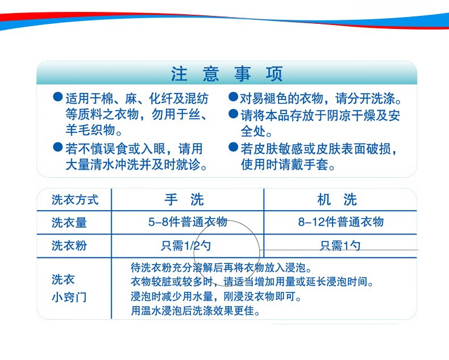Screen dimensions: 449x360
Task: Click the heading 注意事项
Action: point(227,74)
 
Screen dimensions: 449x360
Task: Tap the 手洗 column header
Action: point(184,199)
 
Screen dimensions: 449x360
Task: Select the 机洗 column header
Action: point(337,199)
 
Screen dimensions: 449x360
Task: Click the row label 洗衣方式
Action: point(75,200)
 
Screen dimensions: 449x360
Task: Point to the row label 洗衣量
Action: point(69,223)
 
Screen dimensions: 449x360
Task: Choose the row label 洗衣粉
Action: point(69,245)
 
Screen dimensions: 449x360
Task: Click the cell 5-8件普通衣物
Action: point(188,222)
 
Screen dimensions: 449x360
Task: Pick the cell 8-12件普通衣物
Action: point(341,222)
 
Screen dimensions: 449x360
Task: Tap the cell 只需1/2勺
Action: point(186,246)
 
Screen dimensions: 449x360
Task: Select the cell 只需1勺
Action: point(340,246)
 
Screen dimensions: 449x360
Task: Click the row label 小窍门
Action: point(69,298)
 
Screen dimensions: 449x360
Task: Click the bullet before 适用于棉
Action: point(58,97)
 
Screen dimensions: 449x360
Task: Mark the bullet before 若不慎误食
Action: point(58,147)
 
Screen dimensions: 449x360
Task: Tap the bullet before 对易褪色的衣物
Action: point(234,97)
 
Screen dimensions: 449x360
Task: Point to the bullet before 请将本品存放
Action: point(234,114)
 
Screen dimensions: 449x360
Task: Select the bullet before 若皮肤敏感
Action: point(234,147)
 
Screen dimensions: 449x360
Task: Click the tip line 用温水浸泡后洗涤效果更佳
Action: point(196,311)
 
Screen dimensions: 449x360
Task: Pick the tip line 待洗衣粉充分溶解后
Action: point(221,268)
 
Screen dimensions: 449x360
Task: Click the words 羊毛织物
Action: point(90,130)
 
